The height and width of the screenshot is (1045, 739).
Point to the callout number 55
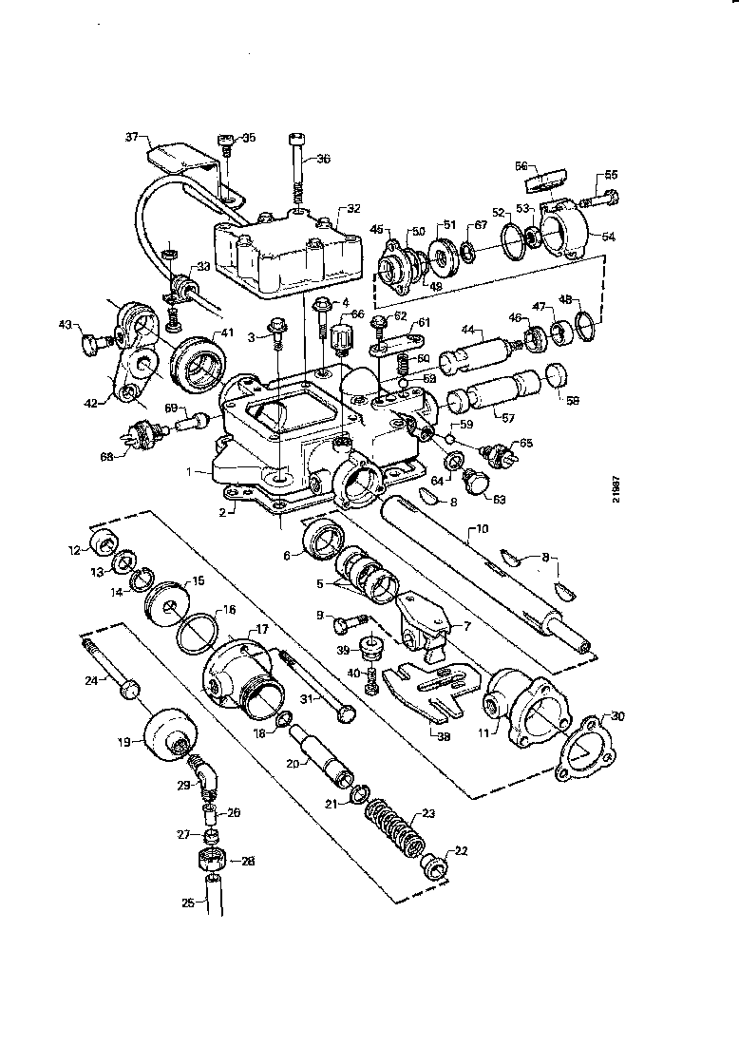tap(611, 175)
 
